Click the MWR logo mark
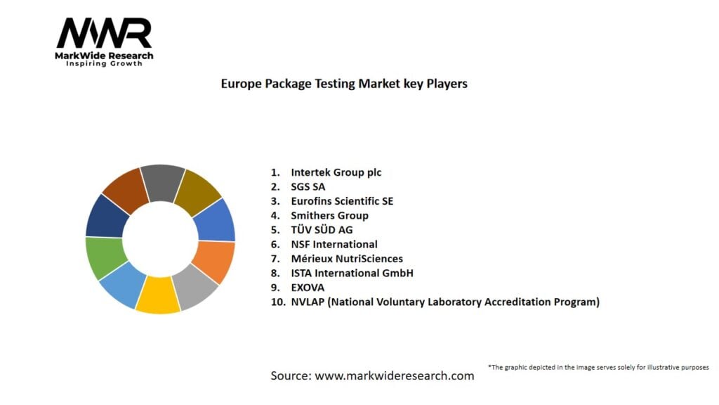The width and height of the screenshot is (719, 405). tap(104, 33)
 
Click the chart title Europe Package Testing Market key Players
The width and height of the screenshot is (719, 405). tap(344, 84)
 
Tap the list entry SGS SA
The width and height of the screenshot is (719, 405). tap(308, 187)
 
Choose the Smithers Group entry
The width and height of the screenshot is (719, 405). tap(329, 216)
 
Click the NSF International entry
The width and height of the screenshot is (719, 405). tap(334, 245)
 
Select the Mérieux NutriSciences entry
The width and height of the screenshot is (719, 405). tap(347, 259)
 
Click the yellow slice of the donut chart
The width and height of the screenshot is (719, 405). tap(158, 295)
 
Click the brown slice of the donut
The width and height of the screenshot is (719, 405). tap(125, 188)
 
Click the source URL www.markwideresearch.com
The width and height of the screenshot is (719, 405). tap(395, 376)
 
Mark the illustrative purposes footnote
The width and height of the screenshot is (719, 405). tap(598, 367)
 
